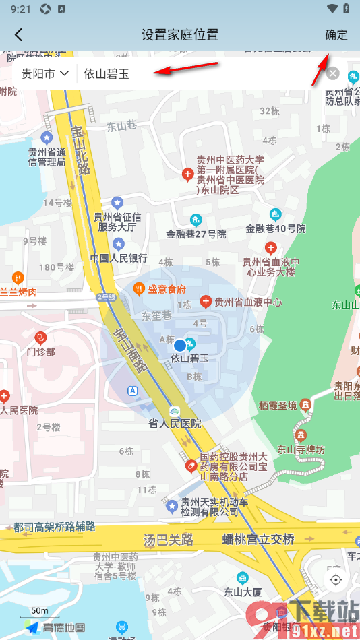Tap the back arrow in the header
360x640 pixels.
pyautogui.click(x=18, y=35)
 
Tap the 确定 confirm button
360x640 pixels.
pyautogui.click(x=336, y=35)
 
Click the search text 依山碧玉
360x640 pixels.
pyautogui.click(x=107, y=74)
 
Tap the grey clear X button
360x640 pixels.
pyautogui.click(x=333, y=73)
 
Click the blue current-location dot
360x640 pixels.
pyautogui.click(x=179, y=346)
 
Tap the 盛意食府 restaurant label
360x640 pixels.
pyautogui.click(x=167, y=289)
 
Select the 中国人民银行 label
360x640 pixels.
pyautogui.click(x=119, y=257)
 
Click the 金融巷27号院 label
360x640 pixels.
pyautogui.click(x=196, y=234)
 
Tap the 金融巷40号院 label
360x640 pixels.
pyautogui.click(x=276, y=228)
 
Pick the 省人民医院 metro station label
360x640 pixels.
pyautogui.click(x=175, y=424)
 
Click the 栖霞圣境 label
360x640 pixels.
pyautogui.click(x=278, y=405)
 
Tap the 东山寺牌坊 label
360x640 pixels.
pyautogui.click(x=301, y=449)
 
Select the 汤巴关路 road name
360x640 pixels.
pyautogui.click(x=169, y=540)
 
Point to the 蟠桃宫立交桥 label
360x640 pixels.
pyautogui.click(x=258, y=540)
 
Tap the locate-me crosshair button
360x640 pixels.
pyautogui.click(x=336, y=579)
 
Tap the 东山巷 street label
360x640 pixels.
pyautogui.click(x=121, y=125)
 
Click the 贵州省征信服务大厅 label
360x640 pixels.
pyautogui.click(x=117, y=222)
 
